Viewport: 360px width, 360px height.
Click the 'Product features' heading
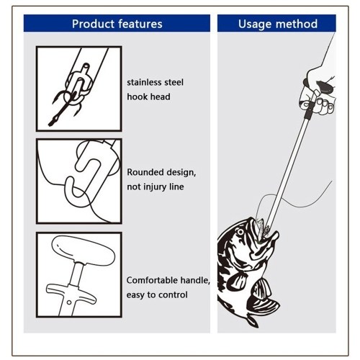(x=117, y=24)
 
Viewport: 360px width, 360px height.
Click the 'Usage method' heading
(x=278, y=24)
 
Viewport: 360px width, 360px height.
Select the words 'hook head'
(x=148, y=96)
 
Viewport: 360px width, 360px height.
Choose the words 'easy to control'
(x=157, y=295)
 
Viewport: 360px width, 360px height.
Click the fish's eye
(x=240, y=232)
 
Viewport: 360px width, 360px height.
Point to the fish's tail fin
(x=253, y=320)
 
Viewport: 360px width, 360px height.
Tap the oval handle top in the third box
(x=84, y=251)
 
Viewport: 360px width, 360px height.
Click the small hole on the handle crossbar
(x=69, y=302)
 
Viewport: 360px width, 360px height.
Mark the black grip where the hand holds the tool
(x=309, y=111)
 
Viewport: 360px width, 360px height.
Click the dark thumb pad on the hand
(x=325, y=87)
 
